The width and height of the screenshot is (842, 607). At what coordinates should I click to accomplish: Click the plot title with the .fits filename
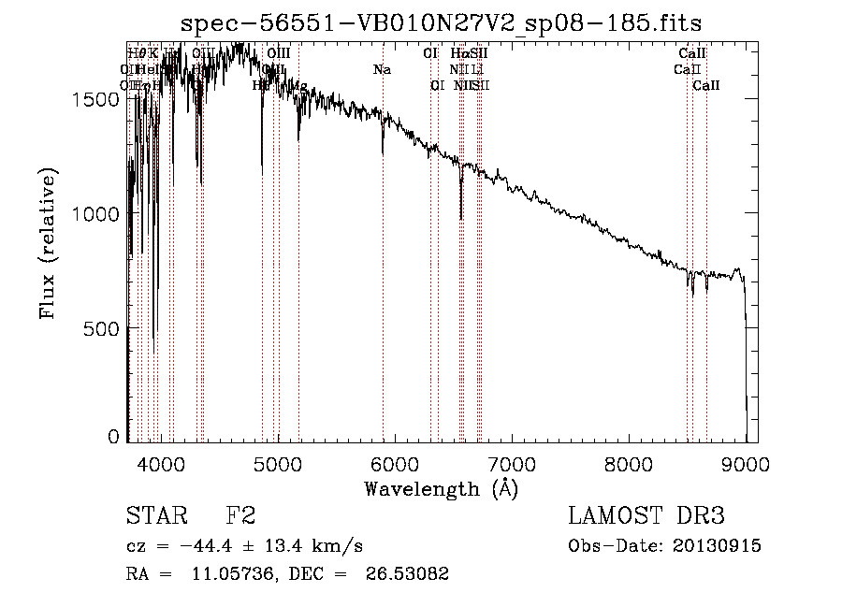click(x=441, y=22)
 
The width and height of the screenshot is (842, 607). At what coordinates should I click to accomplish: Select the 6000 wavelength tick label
click(x=395, y=461)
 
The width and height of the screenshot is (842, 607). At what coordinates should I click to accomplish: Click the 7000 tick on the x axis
click(x=512, y=461)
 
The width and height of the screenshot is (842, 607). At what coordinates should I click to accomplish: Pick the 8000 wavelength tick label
click(x=629, y=461)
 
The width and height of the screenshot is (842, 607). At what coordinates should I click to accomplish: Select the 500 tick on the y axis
click(x=103, y=328)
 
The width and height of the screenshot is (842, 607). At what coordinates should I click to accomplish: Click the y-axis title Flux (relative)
click(x=48, y=243)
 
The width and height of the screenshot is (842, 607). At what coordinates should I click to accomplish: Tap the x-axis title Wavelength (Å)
click(x=441, y=488)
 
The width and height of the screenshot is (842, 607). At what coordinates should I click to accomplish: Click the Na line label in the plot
click(x=382, y=70)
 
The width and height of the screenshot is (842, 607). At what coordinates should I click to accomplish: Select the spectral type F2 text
click(x=240, y=517)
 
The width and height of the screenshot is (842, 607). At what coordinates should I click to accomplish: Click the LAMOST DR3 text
click(x=646, y=517)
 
